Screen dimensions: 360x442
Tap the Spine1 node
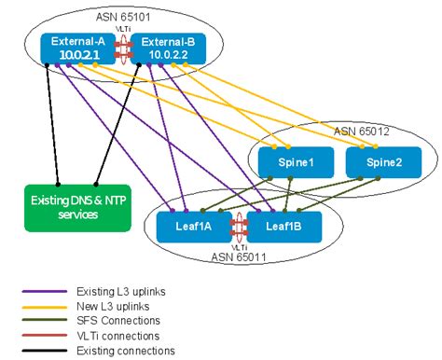click(284, 161)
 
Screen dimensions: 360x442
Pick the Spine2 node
click(375, 161)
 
